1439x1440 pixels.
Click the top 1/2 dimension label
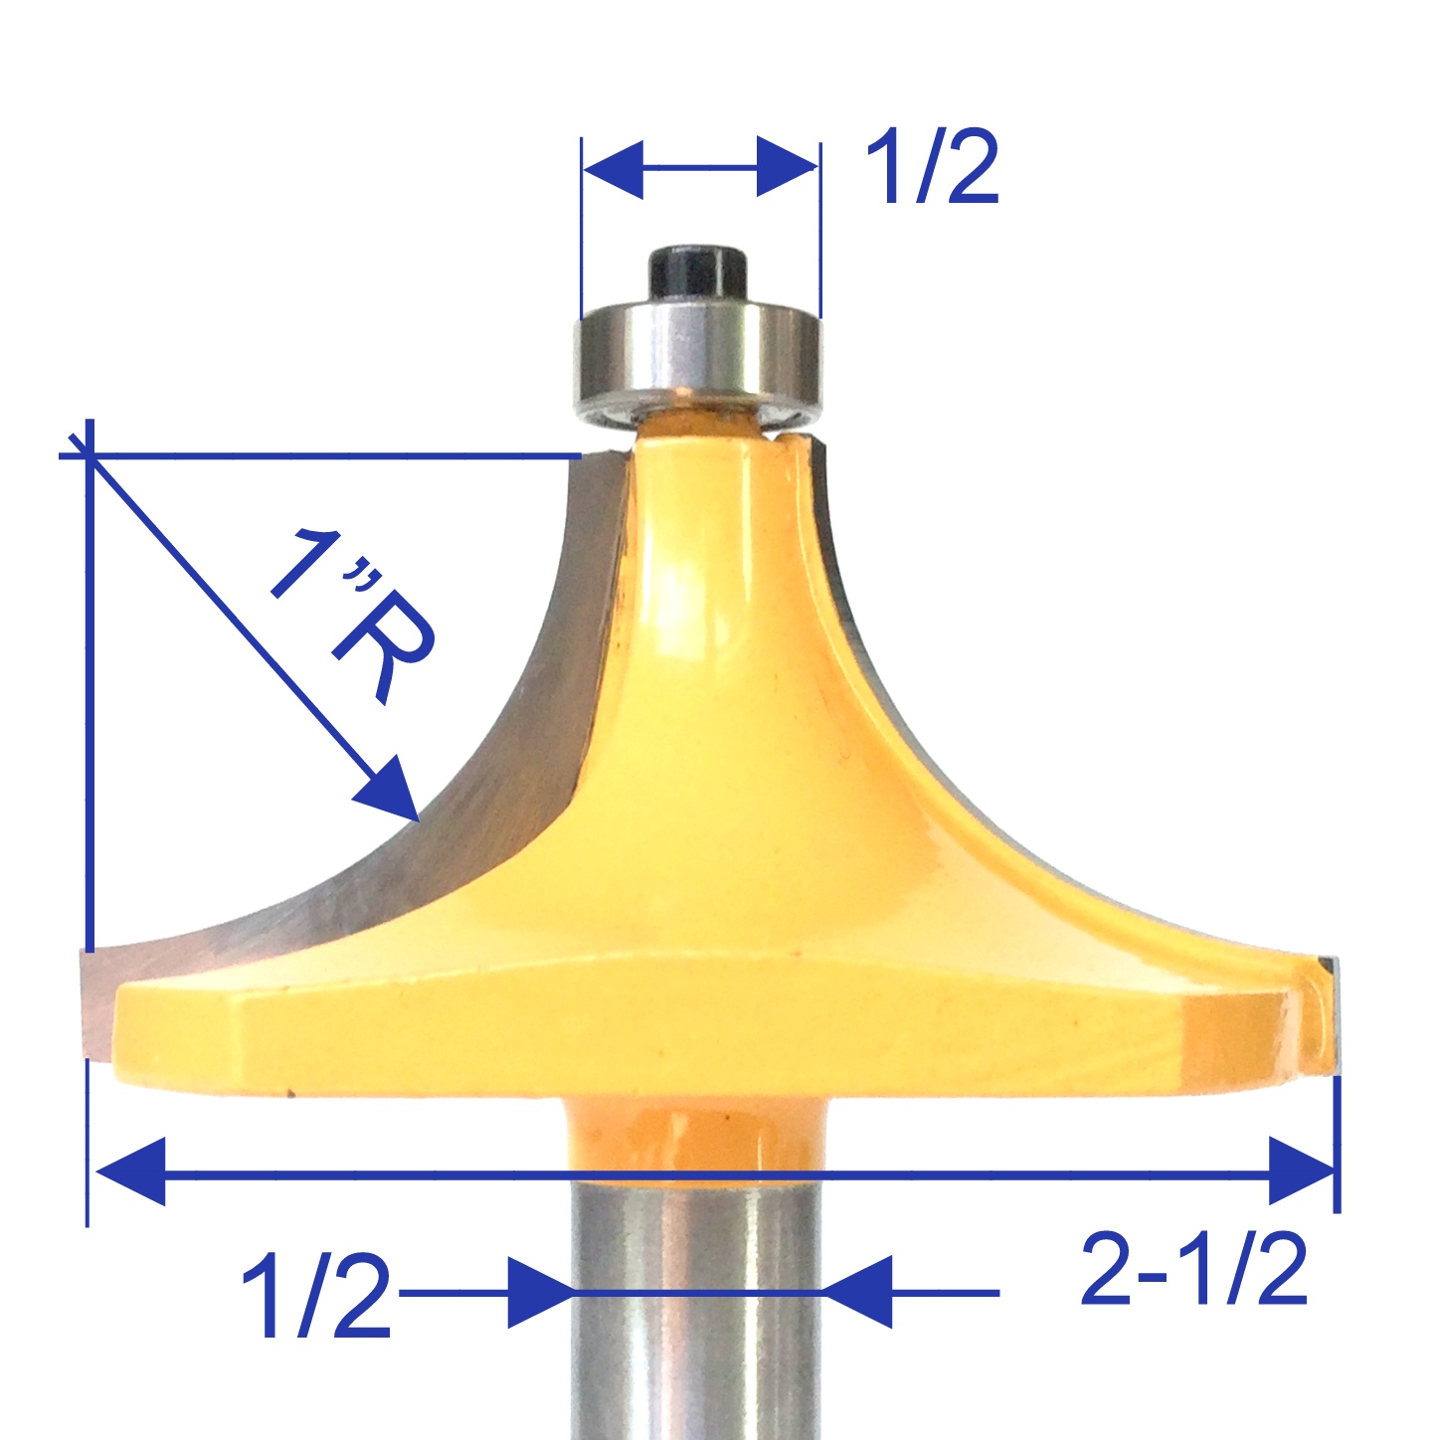click(x=931, y=170)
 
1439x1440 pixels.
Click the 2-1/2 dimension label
click(x=1192, y=1270)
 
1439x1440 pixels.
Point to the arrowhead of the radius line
click(x=389, y=790)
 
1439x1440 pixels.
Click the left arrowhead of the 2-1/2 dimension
click(x=129, y=1172)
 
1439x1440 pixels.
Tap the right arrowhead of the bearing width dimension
click(x=787, y=167)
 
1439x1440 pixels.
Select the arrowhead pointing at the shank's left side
click(x=541, y=1293)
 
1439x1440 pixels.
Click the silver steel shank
click(x=696, y=1323)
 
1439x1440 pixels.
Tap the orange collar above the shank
click(x=696, y=1134)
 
